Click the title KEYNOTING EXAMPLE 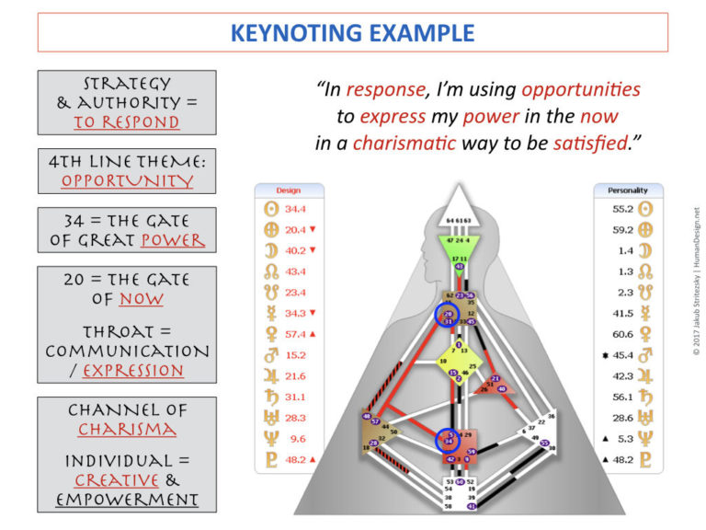coord(353,34)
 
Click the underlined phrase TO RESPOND coord(127,122)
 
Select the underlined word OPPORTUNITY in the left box coord(127,180)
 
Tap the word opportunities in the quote coord(581,90)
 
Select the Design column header coord(289,190)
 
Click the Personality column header coord(628,190)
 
